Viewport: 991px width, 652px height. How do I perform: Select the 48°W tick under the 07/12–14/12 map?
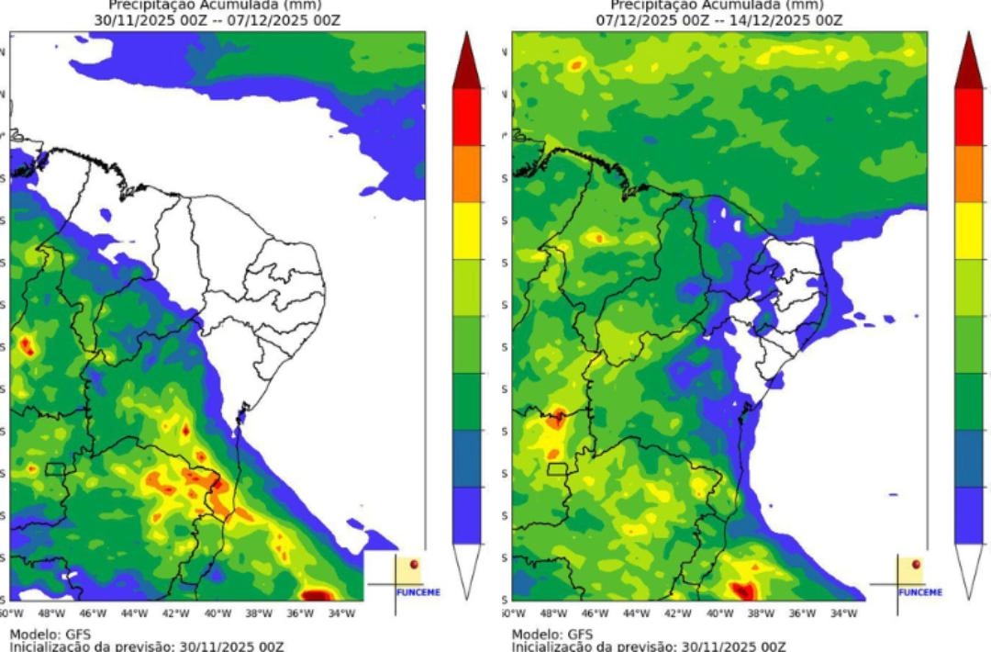553,613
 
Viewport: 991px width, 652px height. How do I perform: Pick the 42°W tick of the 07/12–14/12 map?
678,613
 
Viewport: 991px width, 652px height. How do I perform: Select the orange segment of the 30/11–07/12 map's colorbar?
467,174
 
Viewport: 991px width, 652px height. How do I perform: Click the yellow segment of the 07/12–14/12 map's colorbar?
969,230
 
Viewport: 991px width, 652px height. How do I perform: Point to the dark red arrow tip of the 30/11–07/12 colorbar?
467,64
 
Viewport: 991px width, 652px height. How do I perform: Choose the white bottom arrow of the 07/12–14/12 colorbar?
969,569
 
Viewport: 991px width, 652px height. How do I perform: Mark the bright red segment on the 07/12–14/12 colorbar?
969,117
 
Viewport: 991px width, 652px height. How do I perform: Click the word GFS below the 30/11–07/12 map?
75,635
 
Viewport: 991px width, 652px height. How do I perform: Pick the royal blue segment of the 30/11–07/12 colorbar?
467,515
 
